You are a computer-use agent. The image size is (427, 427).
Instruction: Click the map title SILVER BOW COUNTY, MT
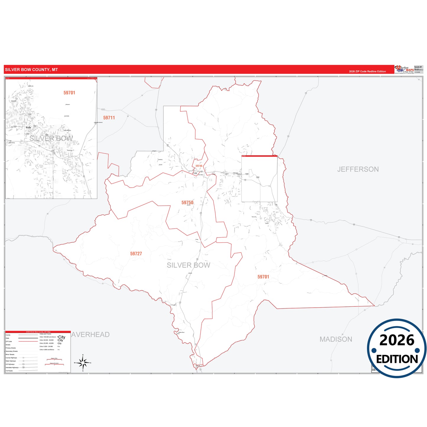31,70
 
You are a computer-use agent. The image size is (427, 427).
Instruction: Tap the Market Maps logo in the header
404,69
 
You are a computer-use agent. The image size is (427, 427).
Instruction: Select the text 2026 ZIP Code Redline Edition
367,72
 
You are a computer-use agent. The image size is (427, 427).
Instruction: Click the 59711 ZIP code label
109,118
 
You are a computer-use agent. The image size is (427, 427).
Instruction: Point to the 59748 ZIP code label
199,166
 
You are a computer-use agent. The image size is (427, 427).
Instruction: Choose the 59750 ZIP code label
187,203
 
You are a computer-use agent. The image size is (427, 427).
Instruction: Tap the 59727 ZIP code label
136,254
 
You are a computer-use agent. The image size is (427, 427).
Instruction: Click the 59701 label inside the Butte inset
69,93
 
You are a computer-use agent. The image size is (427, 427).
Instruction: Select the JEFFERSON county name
358,169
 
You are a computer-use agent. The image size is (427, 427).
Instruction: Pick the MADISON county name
336,339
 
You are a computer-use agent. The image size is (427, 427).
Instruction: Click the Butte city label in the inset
28,127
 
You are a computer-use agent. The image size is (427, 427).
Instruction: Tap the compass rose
83,363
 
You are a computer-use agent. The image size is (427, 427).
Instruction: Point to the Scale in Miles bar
54,360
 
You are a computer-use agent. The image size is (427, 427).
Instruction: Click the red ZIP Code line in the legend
28,342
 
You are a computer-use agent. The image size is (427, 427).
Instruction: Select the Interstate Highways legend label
12,368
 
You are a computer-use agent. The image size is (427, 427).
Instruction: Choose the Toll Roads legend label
9,371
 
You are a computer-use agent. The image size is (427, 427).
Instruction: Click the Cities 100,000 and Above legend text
48,337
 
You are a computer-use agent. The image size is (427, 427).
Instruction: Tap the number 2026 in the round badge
397,340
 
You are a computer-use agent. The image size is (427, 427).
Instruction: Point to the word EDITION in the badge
397,359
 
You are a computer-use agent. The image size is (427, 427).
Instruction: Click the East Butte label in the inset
67,116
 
